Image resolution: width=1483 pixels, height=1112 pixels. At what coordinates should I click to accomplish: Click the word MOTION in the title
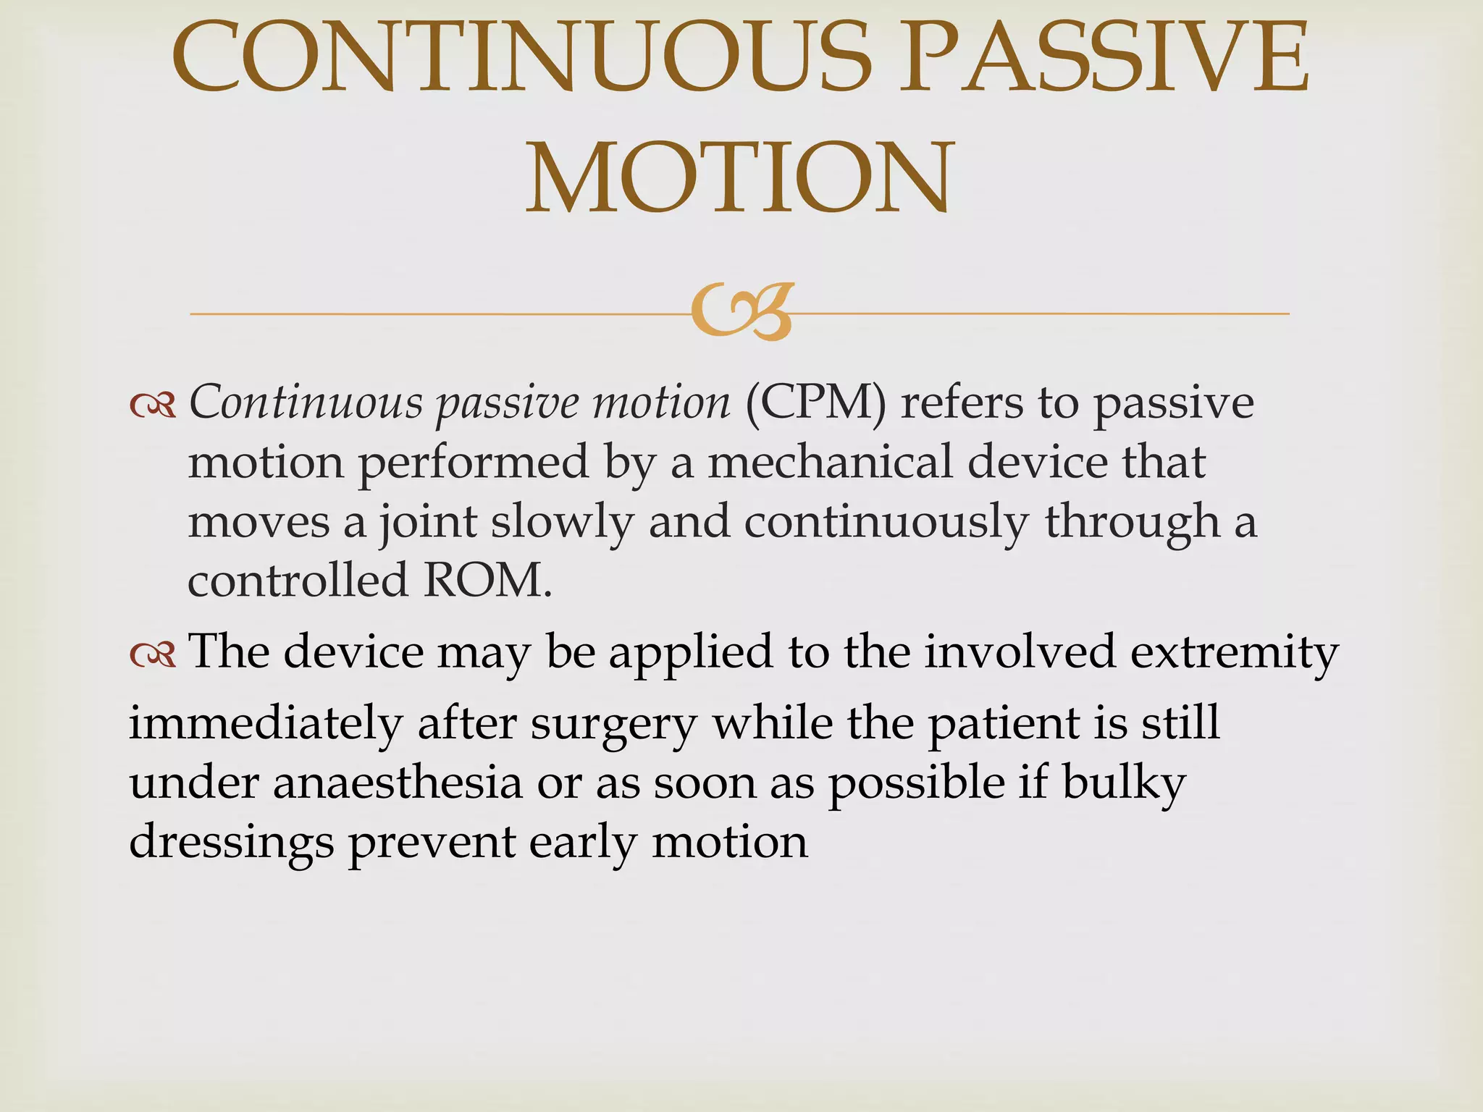[739, 178]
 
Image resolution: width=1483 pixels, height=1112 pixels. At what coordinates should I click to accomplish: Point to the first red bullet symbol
[153, 407]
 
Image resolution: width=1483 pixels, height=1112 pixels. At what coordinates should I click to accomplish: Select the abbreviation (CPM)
[815, 403]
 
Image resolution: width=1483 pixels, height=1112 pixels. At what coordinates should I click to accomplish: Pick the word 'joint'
[428, 523]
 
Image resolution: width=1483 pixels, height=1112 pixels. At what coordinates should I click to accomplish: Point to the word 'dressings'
[231, 843]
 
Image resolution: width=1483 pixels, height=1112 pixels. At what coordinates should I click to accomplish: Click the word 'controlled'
[298, 581]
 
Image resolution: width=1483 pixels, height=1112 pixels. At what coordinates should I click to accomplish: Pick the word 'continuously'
[886, 523]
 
